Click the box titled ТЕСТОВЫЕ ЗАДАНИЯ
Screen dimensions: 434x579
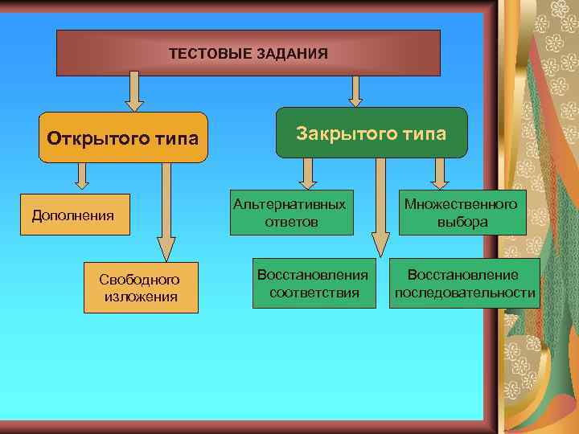[248, 53]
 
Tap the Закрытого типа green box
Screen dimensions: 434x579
[371, 133]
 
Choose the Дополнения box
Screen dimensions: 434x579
[73, 215]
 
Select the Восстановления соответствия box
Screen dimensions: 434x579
[313, 283]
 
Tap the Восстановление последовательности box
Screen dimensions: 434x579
[465, 283]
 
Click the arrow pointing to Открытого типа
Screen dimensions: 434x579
[134, 90]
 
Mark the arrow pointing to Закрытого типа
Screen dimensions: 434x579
[355, 90]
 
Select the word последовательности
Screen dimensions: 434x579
[465, 292]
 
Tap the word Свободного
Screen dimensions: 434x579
[140, 280]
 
